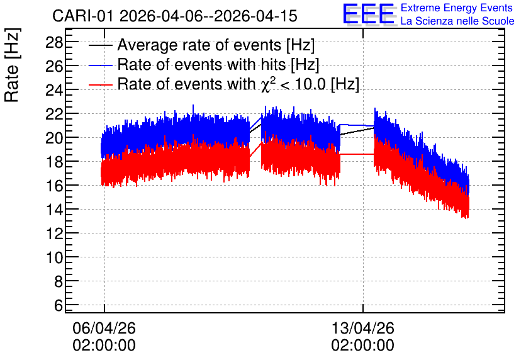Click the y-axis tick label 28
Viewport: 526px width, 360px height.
pyautogui.click(x=54, y=43)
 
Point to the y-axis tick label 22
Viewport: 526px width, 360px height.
pyautogui.click(x=54, y=114)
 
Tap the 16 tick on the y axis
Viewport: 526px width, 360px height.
pyautogui.click(x=54, y=186)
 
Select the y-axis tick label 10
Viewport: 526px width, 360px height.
pyautogui.click(x=54, y=257)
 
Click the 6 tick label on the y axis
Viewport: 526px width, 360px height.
pyautogui.click(x=59, y=305)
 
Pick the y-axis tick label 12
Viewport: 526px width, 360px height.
pyautogui.click(x=54, y=233)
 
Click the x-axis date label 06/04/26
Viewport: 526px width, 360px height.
pyautogui.click(x=104, y=328)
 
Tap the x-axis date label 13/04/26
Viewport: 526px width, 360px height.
pyautogui.click(x=362, y=328)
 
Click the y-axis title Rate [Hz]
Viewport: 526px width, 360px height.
pyautogui.click(x=12, y=65)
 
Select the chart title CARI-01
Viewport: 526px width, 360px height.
pyautogui.click(x=83, y=16)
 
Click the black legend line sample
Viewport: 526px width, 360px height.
pyautogui.click(x=100, y=45)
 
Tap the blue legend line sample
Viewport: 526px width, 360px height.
pyautogui.click(x=100, y=65)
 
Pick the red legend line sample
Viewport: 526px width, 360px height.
pyautogui.click(x=100, y=85)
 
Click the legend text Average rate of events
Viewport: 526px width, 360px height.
pyautogui.click(x=199, y=45)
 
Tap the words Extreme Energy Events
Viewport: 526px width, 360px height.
pyautogui.click(x=457, y=8)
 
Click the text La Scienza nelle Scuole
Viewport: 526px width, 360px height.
pyautogui.click(x=457, y=21)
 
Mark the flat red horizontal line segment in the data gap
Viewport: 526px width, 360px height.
pyautogui.click(x=357, y=154)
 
